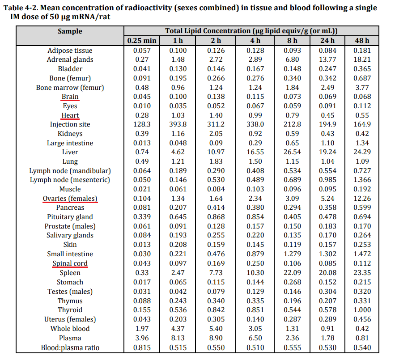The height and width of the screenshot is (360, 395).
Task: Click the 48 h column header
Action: (x=362, y=41)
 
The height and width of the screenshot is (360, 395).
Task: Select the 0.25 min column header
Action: (x=142, y=41)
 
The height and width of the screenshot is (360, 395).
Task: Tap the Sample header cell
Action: (x=70, y=31)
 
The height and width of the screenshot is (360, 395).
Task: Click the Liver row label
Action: (x=70, y=152)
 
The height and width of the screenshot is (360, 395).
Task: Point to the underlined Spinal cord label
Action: (x=70, y=263)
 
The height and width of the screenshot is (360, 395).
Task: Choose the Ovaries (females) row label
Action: (x=70, y=199)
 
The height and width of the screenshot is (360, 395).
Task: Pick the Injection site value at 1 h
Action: (x=178, y=124)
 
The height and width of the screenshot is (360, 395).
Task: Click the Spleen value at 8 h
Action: (x=292, y=273)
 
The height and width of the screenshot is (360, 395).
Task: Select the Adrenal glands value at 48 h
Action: (x=362, y=60)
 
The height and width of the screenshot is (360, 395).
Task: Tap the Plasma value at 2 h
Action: (x=216, y=338)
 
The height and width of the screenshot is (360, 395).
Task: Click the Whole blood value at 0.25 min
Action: (x=142, y=329)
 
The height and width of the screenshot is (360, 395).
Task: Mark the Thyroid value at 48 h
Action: (x=362, y=310)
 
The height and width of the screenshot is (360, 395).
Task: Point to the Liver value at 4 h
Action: (x=255, y=152)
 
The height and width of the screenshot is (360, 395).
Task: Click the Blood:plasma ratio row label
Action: (x=70, y=348)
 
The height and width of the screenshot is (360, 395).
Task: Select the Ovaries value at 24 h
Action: (x=327, y=199)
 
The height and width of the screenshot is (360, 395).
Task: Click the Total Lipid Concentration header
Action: (x=251, y=31)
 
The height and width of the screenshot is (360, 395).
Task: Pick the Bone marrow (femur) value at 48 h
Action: (x=362, y=88)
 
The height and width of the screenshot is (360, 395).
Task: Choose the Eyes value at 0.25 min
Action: (x=142, y=106)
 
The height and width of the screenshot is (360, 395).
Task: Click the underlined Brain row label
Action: (x=70, y=97)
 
